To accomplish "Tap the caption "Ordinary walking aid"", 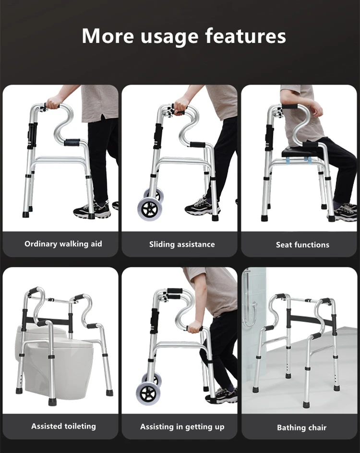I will (63, 244).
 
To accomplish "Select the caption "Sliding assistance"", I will (182, 244).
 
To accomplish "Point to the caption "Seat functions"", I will (302, 245).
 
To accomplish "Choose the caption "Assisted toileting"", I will (63, 426).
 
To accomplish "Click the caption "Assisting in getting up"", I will (182, 427).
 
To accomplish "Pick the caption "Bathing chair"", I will (302, 427).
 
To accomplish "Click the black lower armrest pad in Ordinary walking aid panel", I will (72, 142).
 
